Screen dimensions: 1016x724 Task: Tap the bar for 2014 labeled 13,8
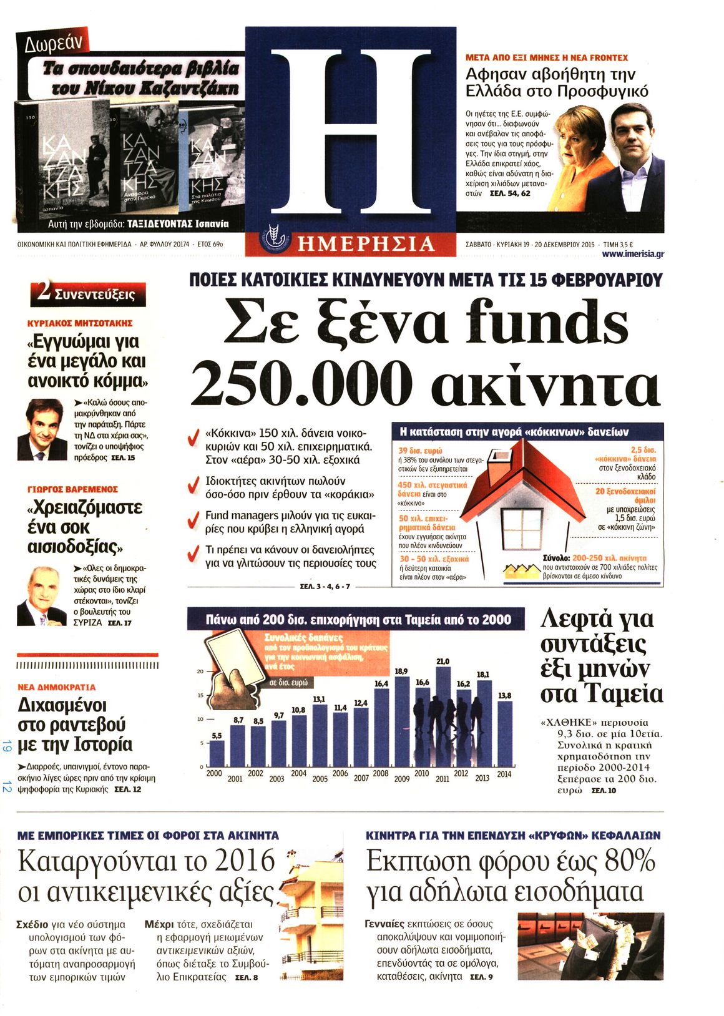(504, 733)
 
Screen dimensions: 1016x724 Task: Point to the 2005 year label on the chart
(320, 778)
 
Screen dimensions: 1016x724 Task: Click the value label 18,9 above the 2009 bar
(401, 671)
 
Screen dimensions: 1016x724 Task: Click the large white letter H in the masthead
(350, 129)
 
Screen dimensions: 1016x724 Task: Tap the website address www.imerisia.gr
(633, 254)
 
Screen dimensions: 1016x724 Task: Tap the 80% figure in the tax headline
(630, 861)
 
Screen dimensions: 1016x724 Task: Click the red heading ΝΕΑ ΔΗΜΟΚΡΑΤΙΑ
(57, 687)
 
